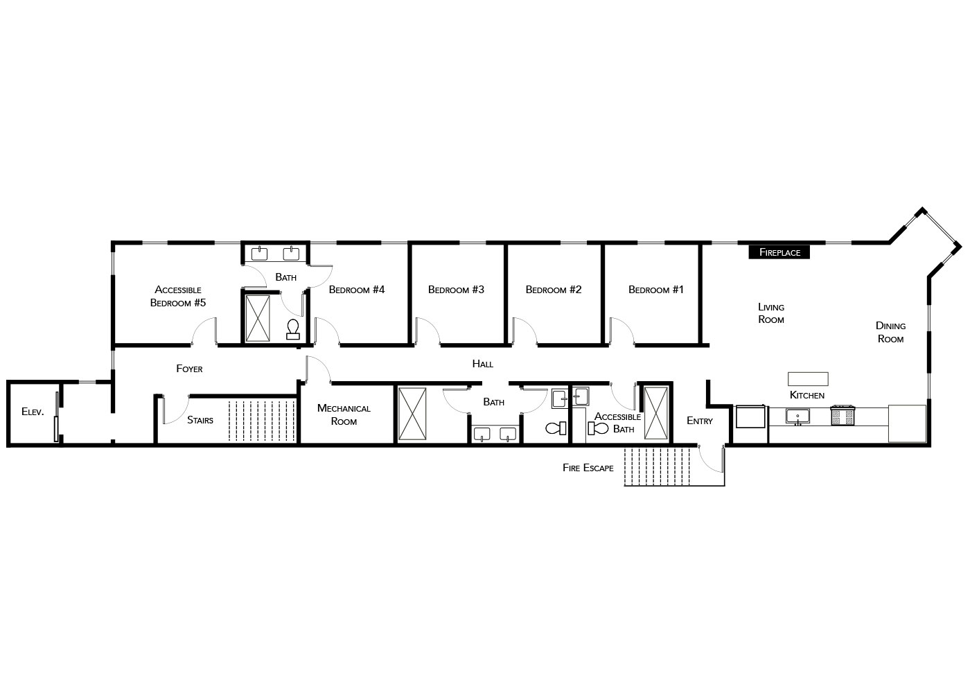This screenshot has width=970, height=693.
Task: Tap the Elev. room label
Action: (x=33, y=412)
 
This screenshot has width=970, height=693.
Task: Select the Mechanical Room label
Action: (x=344, y=414)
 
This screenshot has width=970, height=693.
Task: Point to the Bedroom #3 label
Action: (x=456, y=290)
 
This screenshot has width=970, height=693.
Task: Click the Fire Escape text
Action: (x=588, y=468)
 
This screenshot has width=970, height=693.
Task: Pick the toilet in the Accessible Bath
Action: (x=598, y=428)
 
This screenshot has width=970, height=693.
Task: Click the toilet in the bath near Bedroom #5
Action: (x=293, y=329)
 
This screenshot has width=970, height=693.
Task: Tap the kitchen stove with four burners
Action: (x=843, y=415)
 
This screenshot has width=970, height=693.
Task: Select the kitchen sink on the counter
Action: (x=797, y=416)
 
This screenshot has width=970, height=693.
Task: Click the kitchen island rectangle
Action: (x=808, y=379)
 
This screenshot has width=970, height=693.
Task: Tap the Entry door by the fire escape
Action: (x=711, y=458)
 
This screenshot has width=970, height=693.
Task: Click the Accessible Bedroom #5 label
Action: (x=178, y=297)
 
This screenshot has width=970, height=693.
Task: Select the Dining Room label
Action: (x=890, y=332)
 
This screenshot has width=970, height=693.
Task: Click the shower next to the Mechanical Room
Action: (x=412, y=414)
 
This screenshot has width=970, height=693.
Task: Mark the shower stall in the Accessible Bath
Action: (x=656, y=413)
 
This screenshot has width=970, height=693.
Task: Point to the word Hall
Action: (x=483, y=364)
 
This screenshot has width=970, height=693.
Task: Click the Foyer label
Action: (x=189, y=369)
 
